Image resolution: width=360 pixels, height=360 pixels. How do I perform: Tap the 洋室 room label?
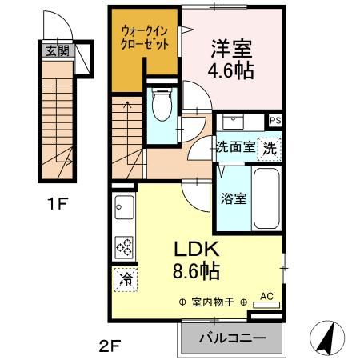232,47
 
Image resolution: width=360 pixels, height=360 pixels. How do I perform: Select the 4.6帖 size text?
232,71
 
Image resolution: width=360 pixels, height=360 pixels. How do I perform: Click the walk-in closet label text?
145,38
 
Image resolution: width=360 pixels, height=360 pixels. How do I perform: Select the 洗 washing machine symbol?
271,147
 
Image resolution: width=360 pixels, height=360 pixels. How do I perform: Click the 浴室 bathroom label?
234,198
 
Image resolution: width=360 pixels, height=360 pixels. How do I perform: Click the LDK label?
193,249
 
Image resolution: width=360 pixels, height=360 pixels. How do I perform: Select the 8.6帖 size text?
193,273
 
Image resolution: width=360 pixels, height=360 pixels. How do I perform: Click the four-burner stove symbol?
125,246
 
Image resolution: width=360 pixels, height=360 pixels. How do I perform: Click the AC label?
267,296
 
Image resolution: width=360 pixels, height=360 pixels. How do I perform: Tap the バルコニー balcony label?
231,338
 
